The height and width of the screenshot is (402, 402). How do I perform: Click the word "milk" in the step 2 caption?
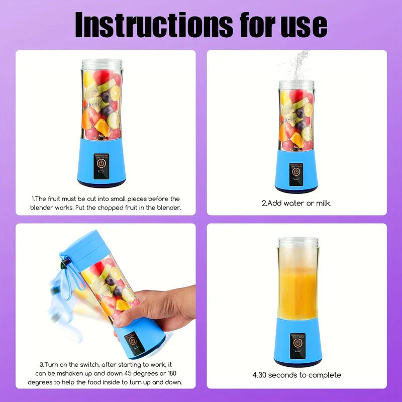[x=322, y=204]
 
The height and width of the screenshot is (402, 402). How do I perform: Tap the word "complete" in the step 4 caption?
[x=324, y=375]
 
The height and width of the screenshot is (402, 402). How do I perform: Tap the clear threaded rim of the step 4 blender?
[x=297, y=244]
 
